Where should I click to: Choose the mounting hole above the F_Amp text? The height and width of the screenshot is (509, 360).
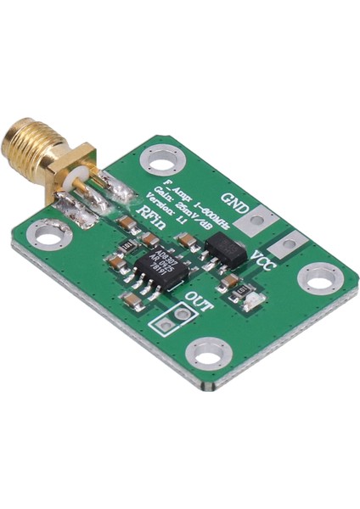coord(158,159)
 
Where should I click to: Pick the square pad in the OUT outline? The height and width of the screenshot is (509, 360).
coord(163,322)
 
